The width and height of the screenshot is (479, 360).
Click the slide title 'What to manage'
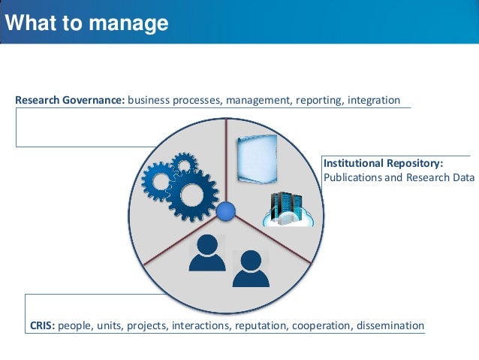point(86,23)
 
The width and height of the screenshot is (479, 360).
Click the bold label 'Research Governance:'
point(70,100)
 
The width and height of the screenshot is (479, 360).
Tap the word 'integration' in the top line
point(373,100)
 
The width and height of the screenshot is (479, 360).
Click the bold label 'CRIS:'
point(43,325)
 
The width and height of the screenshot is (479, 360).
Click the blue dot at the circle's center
point(226,213)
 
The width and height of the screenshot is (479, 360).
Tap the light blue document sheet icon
point(257,159)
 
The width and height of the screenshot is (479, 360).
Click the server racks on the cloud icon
point(286,205)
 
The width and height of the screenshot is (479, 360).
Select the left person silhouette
point(207,253)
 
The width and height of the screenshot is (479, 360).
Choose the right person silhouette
point(250,268)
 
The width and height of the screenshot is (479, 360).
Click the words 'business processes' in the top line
point(173,100)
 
